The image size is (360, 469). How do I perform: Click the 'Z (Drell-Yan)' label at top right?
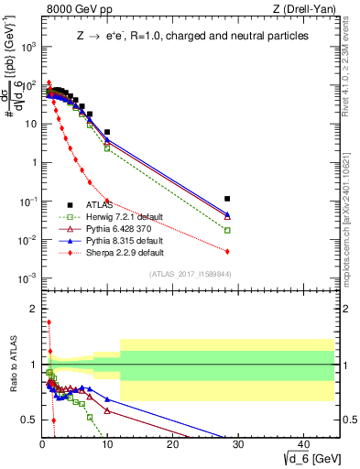[305, 10]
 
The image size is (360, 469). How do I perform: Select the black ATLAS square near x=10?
[107, 132]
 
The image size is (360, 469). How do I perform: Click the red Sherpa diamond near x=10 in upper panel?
[107, 200]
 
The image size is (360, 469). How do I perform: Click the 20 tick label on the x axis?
[173, 442]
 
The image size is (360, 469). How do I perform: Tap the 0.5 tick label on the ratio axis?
[28, 420]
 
